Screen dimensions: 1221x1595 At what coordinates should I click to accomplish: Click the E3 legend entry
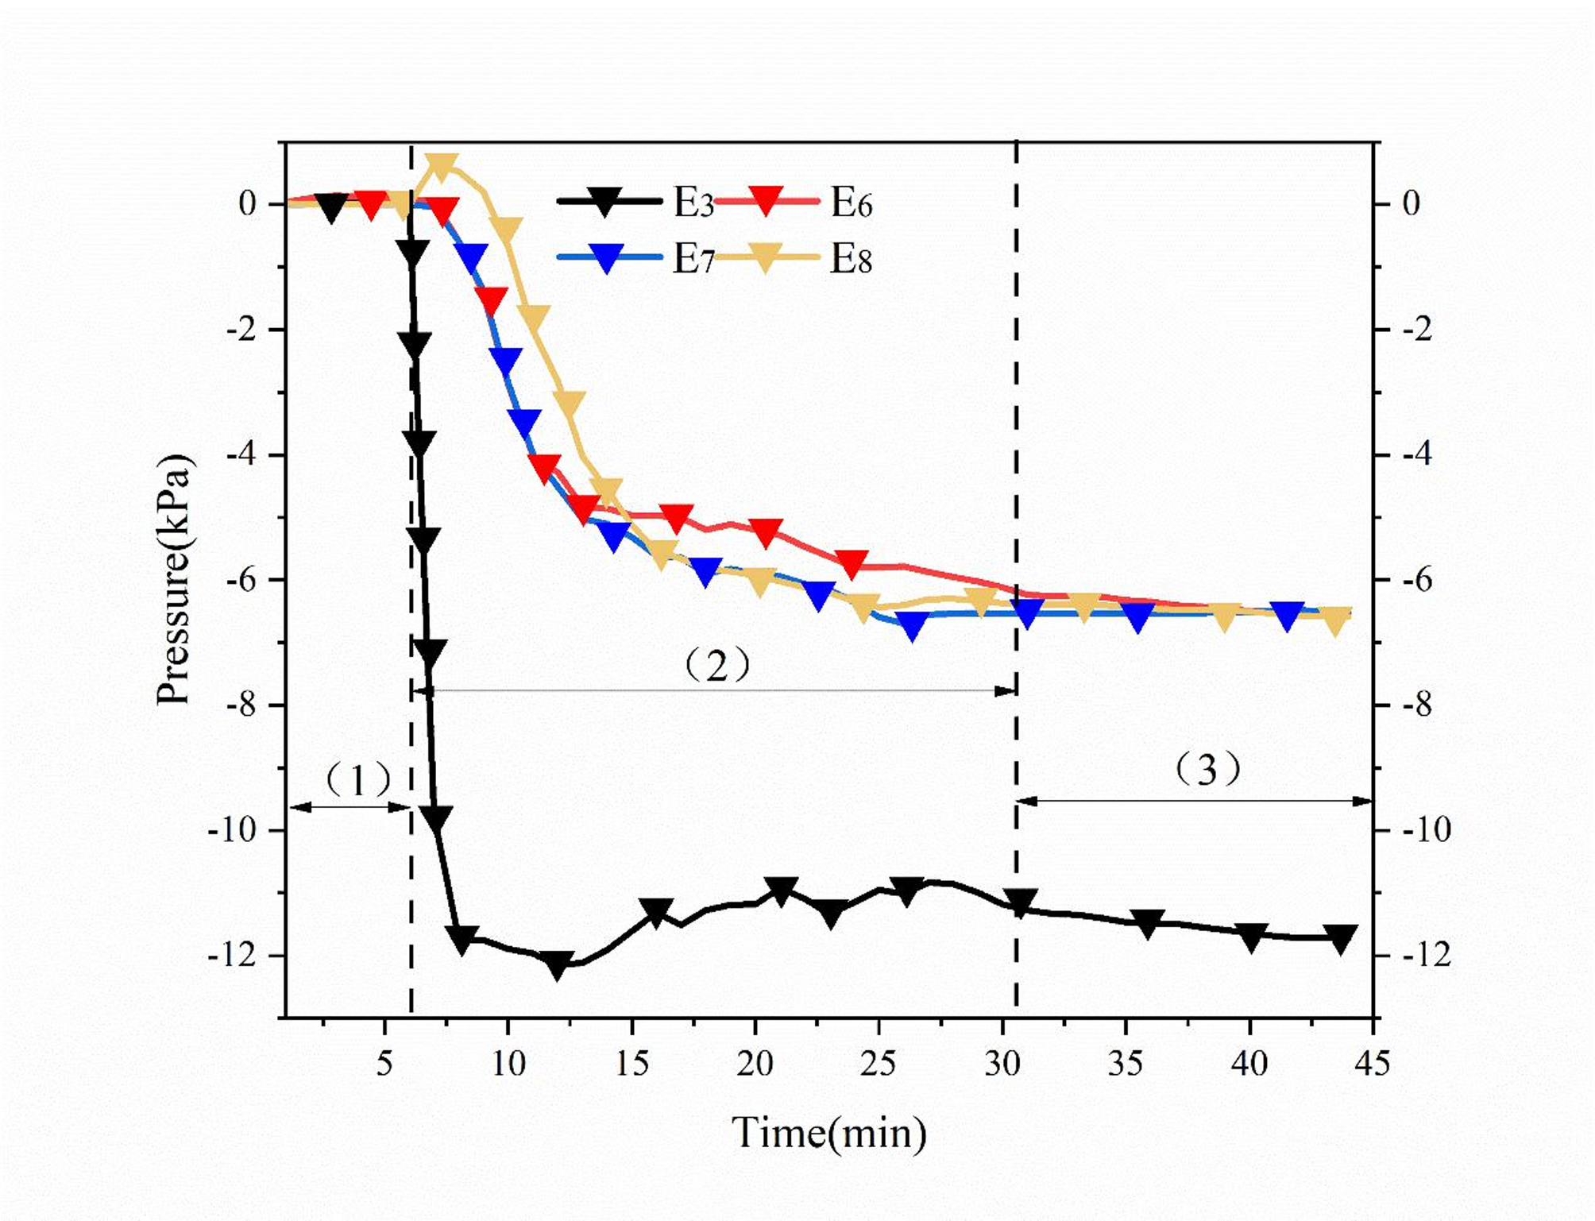tap(635, 203)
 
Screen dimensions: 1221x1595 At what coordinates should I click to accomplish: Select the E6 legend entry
tap(794, 203)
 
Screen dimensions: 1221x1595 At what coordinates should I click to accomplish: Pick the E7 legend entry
tap(635, 259)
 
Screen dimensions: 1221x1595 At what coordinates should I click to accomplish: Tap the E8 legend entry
tap(794, 259)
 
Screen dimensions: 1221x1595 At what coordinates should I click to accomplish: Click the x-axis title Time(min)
tap(828, 1133)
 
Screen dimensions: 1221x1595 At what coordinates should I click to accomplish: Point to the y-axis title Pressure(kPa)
tap(174, 579)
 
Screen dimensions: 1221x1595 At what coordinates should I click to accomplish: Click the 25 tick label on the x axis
tap(878, 1063)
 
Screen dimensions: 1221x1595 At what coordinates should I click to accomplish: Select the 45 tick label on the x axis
tap(1372, 1063)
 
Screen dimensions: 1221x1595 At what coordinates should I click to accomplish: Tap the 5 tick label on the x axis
tap(384, 1063)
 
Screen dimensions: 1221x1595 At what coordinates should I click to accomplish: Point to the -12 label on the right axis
tap(1427, 955)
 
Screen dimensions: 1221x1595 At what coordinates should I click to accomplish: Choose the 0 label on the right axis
tap(1411, 203)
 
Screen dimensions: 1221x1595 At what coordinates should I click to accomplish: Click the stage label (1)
tap(358, 780)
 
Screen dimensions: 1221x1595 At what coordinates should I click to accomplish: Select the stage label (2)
tap(716, 665)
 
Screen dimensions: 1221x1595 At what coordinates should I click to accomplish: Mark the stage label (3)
tap(1207, 769)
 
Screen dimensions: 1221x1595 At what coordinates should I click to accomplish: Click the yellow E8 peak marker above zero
tap(442, 164)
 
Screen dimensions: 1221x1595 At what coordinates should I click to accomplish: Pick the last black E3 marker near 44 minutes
tap(1341, 938)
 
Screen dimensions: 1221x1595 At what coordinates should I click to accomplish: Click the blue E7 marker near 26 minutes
tap(913, 626)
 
